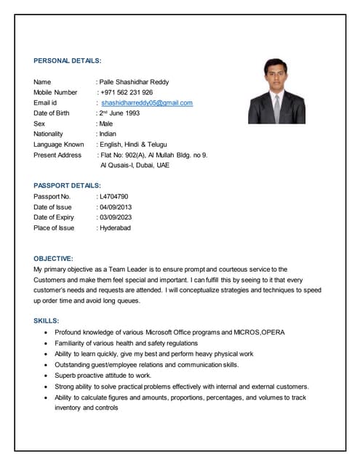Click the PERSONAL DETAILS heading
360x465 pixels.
[x=68, y=61]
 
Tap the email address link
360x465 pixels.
[x=147, y=103]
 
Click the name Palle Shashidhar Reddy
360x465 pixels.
[x=134, y=82]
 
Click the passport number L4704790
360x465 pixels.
[x=114, y=196]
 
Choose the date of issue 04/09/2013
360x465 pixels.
[x=116, y=207]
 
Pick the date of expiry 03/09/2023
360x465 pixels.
[x=116, y=217]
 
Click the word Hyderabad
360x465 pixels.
[x=115, y=227]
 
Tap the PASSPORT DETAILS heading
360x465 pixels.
[x=67, y=186]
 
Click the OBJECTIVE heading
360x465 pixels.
[x=53, y=259]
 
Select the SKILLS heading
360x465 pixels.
[x=47, y=320]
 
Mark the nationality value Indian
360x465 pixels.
[x=108, y=134]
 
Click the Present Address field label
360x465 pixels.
[x=57, y=155]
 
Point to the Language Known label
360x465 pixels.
[x=58, y=145]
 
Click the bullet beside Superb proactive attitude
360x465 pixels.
[x=47, y=376]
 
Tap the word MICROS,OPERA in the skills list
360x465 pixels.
[x=259, y=332]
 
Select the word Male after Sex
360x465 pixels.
[x=106, y=124]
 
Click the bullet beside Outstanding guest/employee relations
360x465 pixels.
[x=47, y=365]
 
